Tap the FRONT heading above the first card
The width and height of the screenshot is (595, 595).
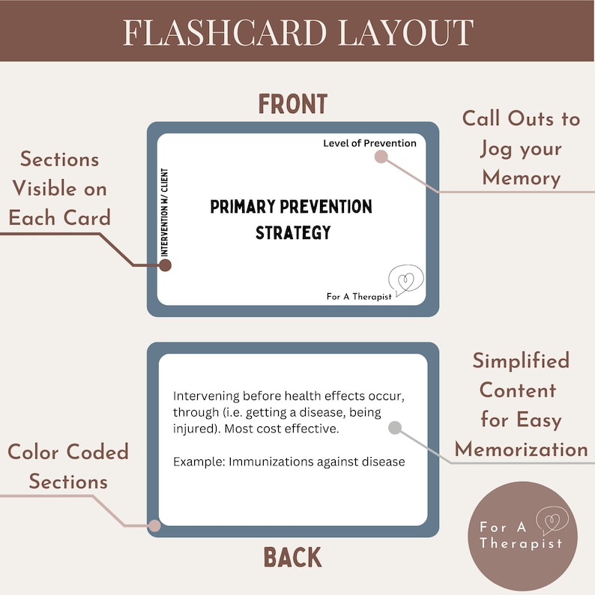point(293,105)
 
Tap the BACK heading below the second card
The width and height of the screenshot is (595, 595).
point(293,558)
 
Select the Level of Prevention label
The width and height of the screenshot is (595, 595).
point(369,143)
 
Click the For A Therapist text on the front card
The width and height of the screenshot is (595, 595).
point(358,297)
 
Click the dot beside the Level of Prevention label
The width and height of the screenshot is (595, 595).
point(381,157)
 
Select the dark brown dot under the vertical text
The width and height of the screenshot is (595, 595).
point(166,265)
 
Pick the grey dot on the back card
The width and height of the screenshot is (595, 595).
point(395,428)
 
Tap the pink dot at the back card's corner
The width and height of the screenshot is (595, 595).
point(154,526)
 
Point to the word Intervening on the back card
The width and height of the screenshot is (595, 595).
point(207,396)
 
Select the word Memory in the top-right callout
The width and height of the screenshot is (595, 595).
point(522,178)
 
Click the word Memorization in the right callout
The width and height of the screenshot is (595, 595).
point(522,449)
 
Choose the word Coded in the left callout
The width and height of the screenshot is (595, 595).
point(99,452)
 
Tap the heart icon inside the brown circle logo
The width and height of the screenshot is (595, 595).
point(554,519)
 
